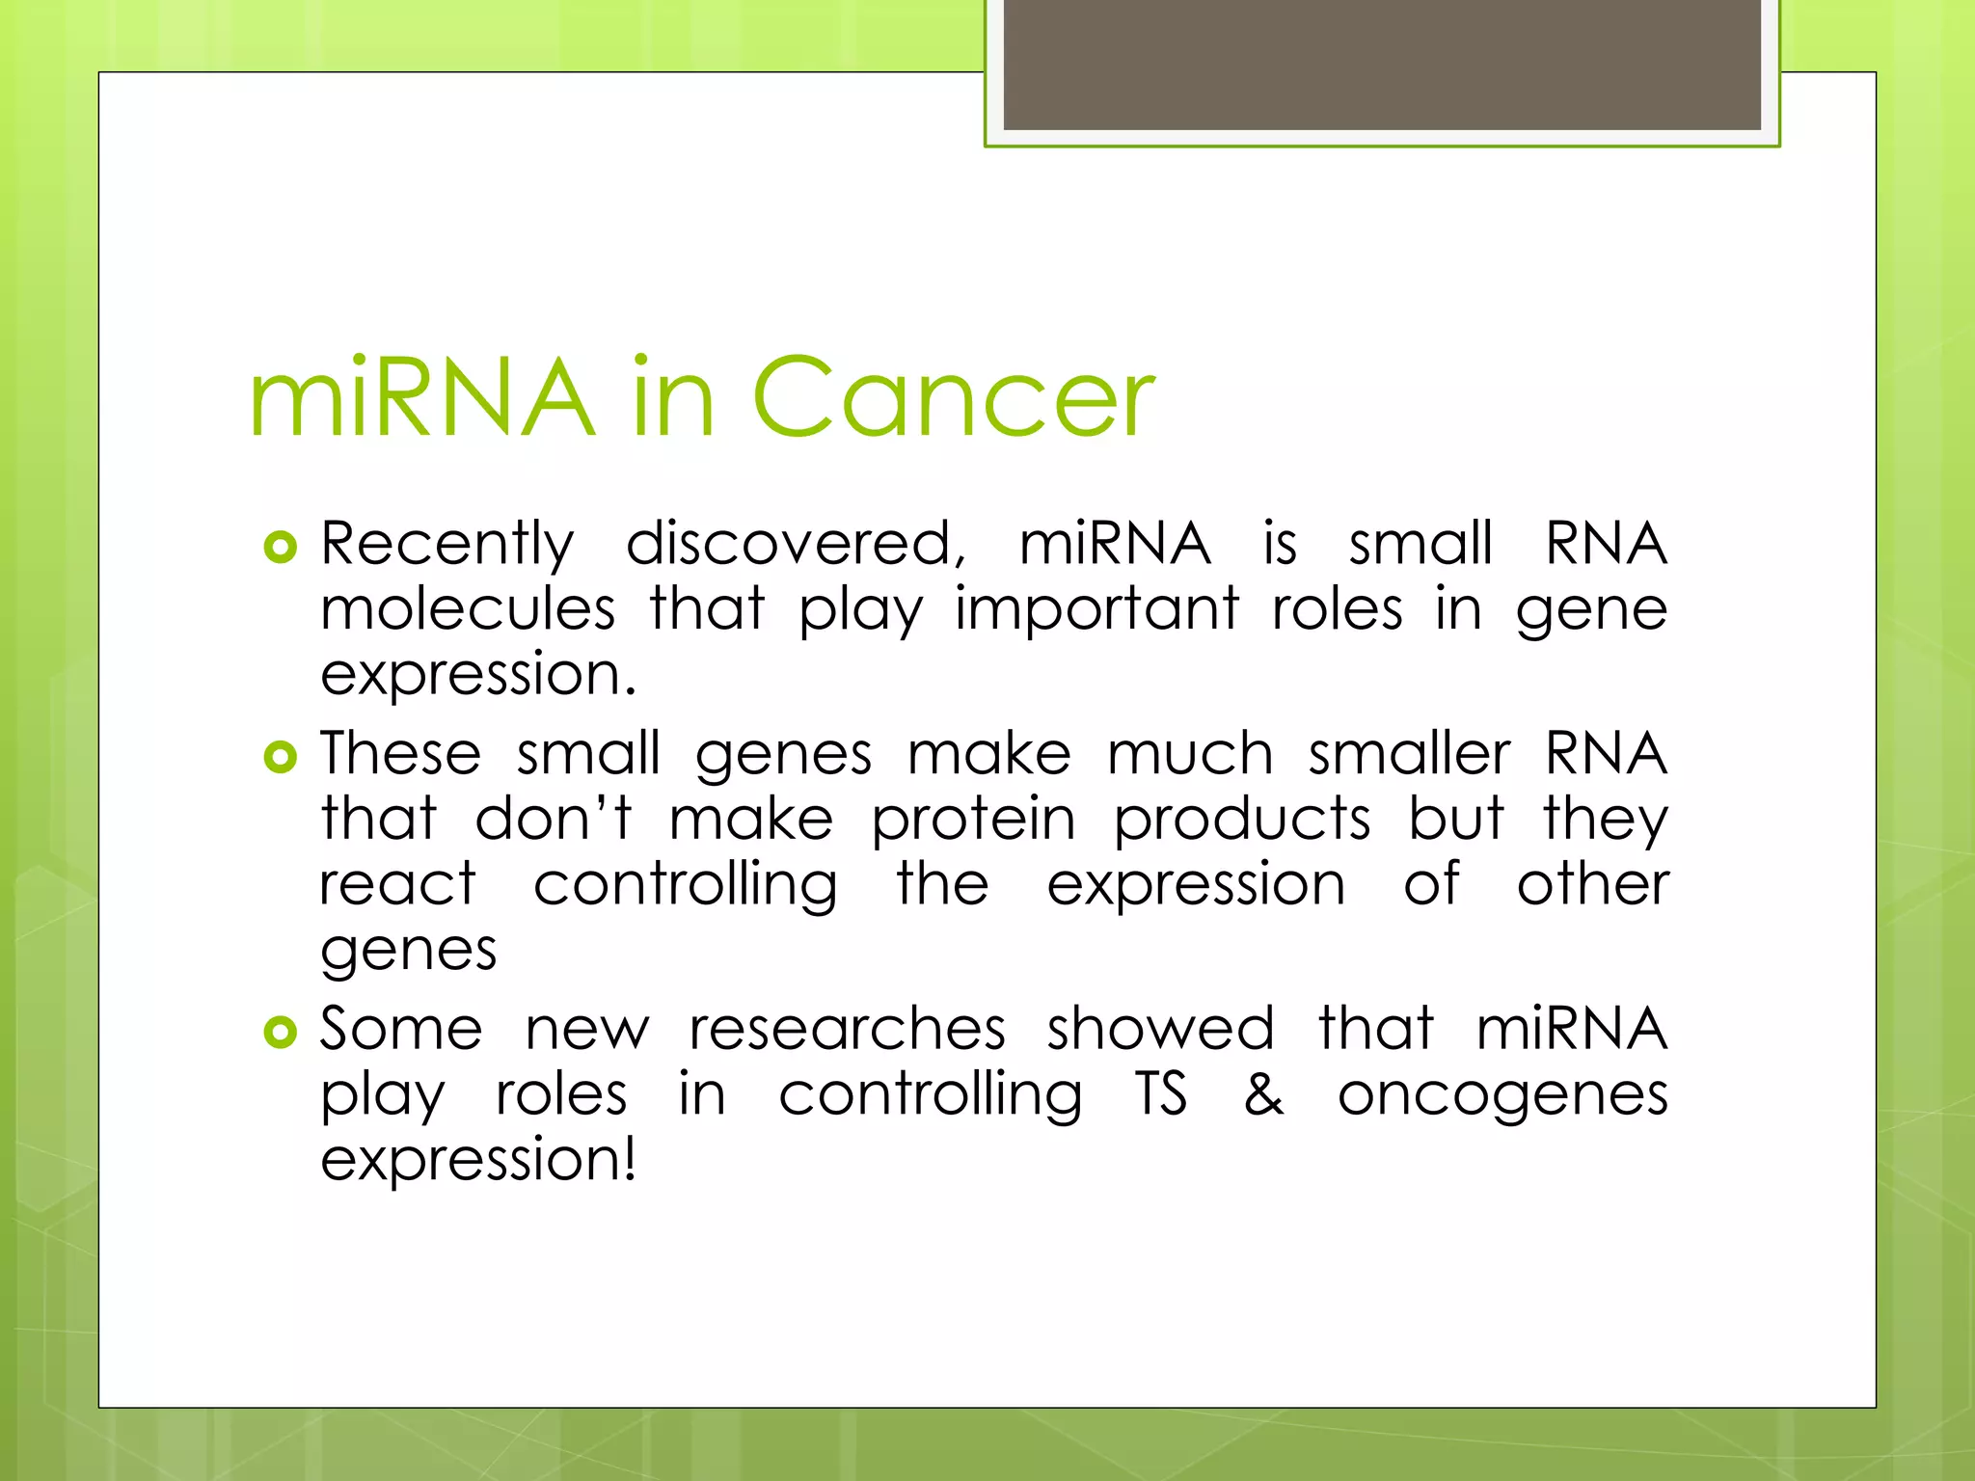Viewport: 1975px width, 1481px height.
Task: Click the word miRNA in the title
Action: click(x=421, y=397)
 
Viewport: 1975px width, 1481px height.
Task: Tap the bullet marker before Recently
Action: click(x=280, y=548)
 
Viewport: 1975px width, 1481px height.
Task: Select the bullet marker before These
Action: click(x=280, y=758)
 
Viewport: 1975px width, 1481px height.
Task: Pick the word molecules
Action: click(x=468, y=610)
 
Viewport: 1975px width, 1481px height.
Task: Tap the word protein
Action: click(x=973, y=821)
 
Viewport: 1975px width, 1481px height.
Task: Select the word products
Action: click(x=1242, y=821)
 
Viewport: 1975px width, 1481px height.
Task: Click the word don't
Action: click(x=554, y=819)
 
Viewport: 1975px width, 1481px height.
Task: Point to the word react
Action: click(x=397, y=884)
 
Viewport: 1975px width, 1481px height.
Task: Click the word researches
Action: click(x=848, y=1029)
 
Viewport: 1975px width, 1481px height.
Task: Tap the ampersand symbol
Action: click(x=1263, y=1095)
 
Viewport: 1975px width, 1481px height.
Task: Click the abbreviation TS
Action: click(x=1161, y=1095)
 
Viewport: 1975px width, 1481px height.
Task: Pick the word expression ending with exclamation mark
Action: click(x=478, y=1161)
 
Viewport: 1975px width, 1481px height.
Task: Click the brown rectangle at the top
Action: click(x=1381, y=66)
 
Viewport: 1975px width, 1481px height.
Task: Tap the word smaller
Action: click(x=1409, y=754)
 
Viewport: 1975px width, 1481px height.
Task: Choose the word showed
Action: click(x=1160, y=1029)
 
